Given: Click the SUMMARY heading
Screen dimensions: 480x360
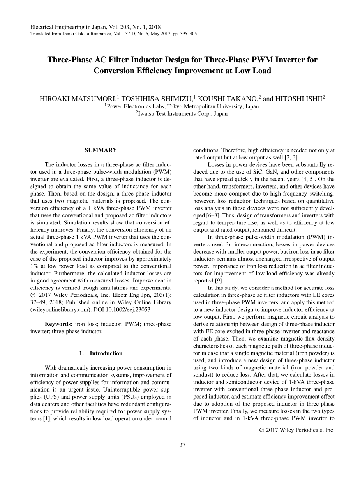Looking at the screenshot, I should click(101, 150).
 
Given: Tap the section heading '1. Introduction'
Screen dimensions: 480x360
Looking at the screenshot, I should click(101, 353).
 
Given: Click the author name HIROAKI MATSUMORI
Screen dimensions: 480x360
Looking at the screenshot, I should click(78, 99).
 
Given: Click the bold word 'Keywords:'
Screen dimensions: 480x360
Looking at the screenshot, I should click(59, 324).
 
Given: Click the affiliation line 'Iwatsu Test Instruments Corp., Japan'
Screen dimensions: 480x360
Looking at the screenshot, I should click(183, 114).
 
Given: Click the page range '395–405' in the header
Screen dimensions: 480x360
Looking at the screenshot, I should click(188, 34).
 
